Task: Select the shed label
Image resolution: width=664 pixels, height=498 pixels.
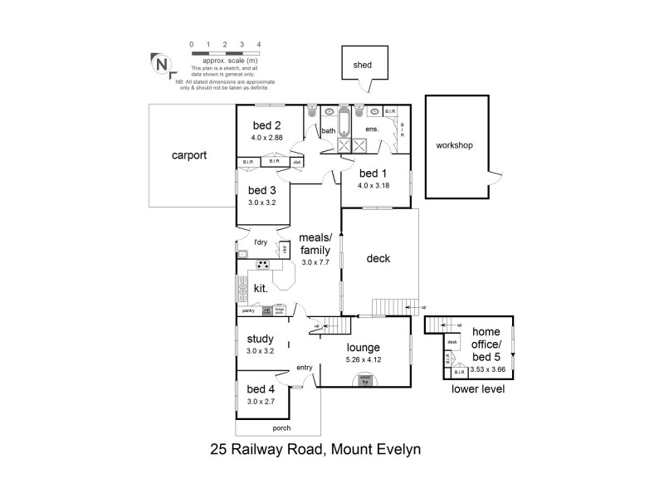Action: pos(362,64)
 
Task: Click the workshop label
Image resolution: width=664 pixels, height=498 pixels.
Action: pos(454,145)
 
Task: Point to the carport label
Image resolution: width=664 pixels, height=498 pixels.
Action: pos(188,155)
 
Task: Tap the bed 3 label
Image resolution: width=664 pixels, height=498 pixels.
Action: pos(261,188)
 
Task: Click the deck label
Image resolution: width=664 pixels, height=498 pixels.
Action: pos(378,258)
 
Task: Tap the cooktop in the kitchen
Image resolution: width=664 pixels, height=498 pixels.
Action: pos(263,266)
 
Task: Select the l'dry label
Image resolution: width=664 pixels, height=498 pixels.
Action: pos(261,242)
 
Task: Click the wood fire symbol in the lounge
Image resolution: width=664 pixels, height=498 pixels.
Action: pos(365,380)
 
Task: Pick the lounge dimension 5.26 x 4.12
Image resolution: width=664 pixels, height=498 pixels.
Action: pos(364,360)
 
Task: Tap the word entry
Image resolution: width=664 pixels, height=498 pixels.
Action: pos(304,368)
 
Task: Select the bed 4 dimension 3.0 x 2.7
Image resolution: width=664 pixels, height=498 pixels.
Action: pos(261,401)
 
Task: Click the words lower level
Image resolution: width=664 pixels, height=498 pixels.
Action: pos(477,388)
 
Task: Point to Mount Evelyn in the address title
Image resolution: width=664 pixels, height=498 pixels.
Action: pos(378,451)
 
